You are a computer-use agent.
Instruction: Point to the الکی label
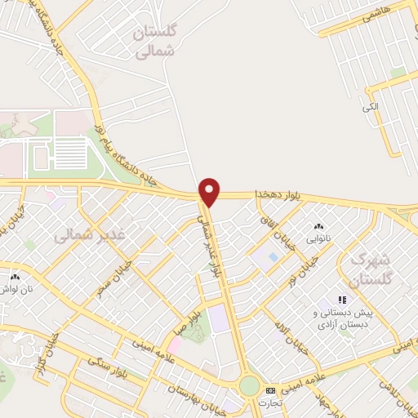point(371,105)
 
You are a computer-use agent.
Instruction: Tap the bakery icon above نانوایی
point(318,226)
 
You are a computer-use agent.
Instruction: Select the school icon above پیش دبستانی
point(343,300)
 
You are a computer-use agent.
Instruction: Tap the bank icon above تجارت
point(270,391)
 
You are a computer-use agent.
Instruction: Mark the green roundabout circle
point(249,385)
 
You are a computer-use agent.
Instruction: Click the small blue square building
point(272,258)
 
